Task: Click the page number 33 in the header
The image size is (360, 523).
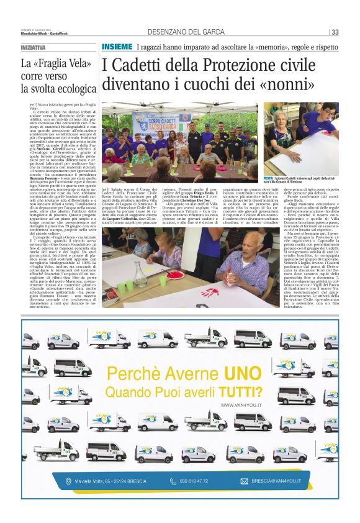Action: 335,32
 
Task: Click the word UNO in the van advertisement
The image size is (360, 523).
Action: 240,375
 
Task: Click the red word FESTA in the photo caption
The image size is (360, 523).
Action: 269,178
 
